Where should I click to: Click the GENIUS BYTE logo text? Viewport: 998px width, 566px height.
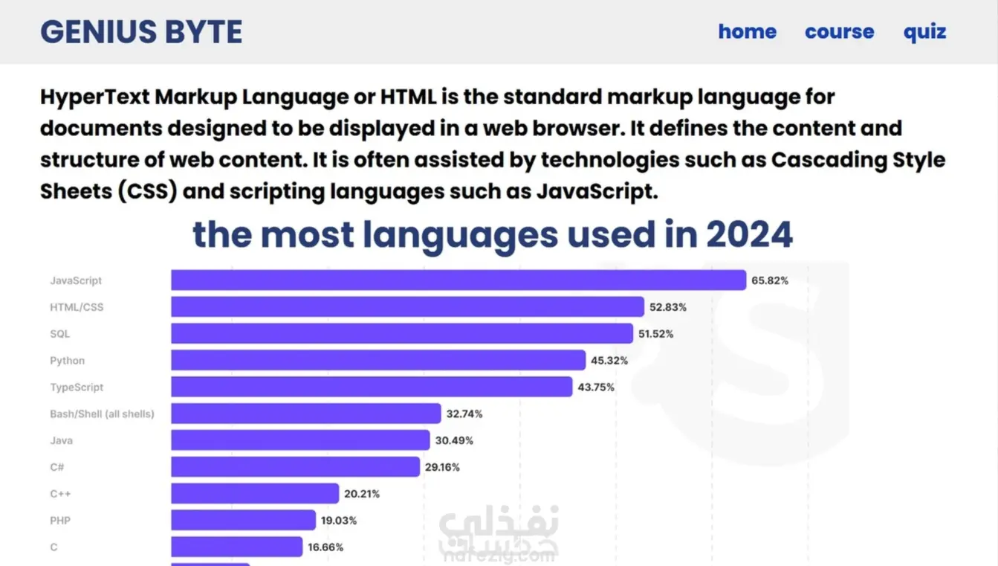click(x=141, y=32)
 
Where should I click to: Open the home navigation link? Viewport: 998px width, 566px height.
click(x=747, y=32)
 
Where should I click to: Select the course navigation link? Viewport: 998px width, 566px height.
click(x=839, y=32)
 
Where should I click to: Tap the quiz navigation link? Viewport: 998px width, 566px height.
click(x=924, y=32)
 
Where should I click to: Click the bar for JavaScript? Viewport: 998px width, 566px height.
click(x=458, y=280)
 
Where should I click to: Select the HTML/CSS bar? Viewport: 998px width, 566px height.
click(x=407, y=307)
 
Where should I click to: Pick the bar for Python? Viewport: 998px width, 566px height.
click(x=378, y=361)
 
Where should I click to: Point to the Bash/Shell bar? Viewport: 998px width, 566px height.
click(x=305, y=414)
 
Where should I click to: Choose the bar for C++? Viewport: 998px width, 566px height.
click(x=255, y=494)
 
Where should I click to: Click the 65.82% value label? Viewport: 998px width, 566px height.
click(x=770, y=280)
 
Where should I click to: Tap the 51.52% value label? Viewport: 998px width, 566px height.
click(x=655, y=334)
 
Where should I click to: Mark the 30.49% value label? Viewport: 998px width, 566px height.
click(x=454, y=440)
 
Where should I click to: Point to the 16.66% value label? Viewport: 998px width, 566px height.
click(x=325, y=547)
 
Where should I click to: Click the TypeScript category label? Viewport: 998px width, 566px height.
click(x=77, y=387)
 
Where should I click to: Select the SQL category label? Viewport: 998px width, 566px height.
click(x=59, y=334)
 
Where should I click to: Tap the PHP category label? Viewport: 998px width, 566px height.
click(x=60, y=521)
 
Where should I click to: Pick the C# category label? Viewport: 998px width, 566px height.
click(x=57, y=467)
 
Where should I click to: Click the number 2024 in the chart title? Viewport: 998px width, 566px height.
click(x=749, y=235)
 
